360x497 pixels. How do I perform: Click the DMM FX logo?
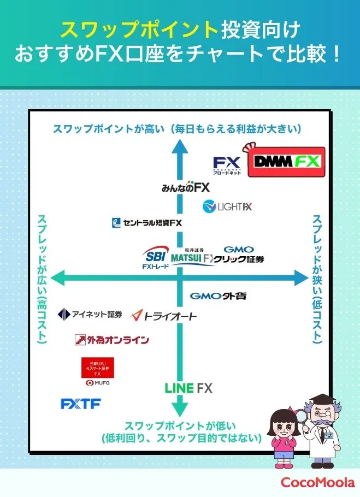[286, 162]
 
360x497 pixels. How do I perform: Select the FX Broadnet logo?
[227, 164]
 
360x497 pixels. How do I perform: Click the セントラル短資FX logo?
[146, 223]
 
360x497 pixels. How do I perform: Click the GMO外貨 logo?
[218, 296]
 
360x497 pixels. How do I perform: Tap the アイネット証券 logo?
[90, 314]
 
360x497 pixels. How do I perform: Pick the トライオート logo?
[163, 316]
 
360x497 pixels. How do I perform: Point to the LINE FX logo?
[188, 388]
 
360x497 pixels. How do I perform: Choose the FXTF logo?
[80, 404]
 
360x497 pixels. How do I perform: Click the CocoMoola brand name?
[317, 482]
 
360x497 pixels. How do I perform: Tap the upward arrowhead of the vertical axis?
[178, 146]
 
